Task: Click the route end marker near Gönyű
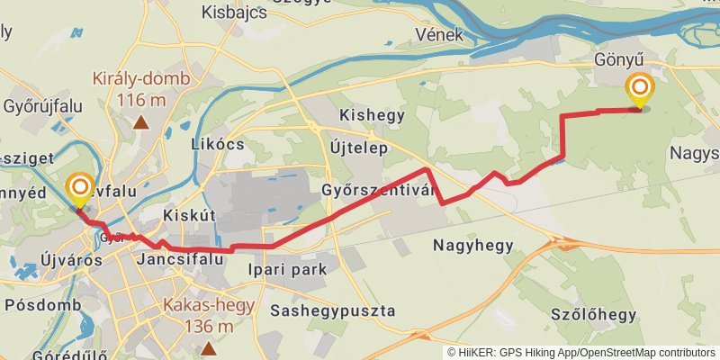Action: click(640, 88)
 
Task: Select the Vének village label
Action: click(439, 35)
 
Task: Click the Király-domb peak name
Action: click(141, 78)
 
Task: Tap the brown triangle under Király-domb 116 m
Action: click(141, 121)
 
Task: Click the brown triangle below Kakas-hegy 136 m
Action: click(209, 347)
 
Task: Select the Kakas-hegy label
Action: click(209, 304)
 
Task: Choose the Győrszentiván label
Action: click(378, 191)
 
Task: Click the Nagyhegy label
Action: click(472, 244)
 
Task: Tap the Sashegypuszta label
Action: click(332, 310)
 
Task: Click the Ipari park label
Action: click(297, 268)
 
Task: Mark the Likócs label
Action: click(218, 144)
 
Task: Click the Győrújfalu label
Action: click(42, 106)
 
